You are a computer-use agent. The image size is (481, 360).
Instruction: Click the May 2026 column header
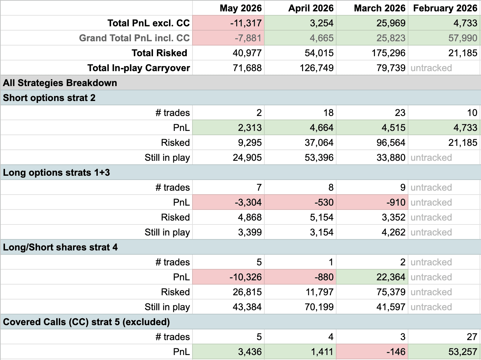click(x=240, y=8)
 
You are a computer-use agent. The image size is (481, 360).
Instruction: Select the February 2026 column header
click(x=445, y=8)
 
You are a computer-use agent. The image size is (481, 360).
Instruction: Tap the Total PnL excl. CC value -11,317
click(x=245, y=23)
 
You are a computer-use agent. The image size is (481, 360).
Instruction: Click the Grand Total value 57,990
click(x=462, y=38)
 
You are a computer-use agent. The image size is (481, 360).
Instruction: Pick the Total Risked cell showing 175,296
click(x=388, y=53)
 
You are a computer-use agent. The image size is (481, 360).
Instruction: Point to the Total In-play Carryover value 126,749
click(x=316, y=68)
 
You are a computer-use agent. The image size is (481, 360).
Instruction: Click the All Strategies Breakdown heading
click(x=60, y=83)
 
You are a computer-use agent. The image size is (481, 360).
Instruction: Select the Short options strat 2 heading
click(x=49, y=98)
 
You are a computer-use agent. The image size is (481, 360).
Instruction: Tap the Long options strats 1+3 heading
click(x=56, y=173)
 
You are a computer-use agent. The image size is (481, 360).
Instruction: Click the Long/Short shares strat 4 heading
click(x=60, y=247)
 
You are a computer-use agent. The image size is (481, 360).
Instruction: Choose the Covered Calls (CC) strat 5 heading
click(x=86, y=322)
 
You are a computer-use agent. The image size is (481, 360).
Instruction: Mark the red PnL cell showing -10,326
click(x=228, y=277)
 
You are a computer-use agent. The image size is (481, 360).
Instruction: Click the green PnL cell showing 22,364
click(x=372, y=277)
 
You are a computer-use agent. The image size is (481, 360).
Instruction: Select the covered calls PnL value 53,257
click(x=462, y=352)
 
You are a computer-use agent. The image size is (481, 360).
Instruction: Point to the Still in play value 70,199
click(x=319, y=307)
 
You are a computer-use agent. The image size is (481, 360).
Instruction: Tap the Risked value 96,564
click(x=391, y=143)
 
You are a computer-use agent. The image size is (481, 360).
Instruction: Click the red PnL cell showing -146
click(x=372, y=352)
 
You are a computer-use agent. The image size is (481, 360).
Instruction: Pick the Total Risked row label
click(x=159, y=53)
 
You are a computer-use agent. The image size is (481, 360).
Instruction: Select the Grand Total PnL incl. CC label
click(x=134, y=38)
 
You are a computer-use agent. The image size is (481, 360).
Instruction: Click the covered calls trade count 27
click(x=472, y=337)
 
